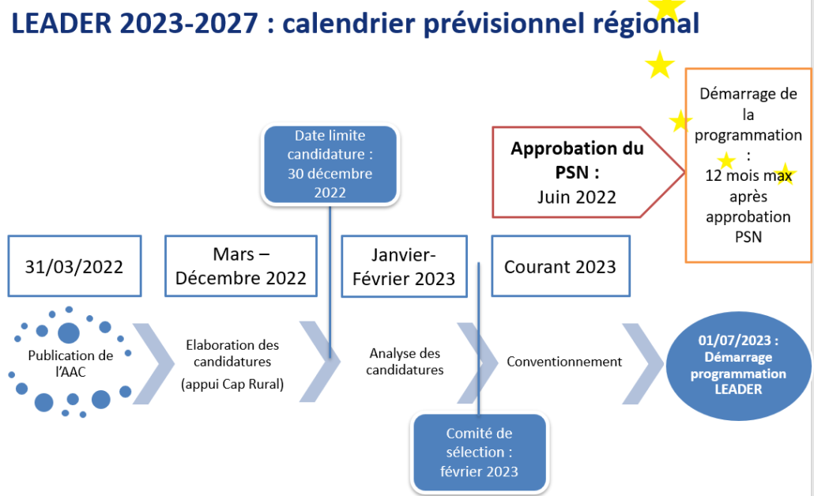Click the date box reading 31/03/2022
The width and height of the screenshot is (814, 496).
75,266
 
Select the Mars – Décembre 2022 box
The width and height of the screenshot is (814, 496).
241,266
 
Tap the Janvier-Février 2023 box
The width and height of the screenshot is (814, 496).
404,267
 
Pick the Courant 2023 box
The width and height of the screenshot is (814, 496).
560,266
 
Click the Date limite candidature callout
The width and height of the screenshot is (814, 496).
330,164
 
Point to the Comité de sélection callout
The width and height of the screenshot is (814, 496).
479,453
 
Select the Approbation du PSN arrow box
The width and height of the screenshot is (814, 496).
588,172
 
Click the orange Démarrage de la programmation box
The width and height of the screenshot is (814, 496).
748,165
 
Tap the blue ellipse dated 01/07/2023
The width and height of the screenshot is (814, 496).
738,365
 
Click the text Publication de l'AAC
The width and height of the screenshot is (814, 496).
70,363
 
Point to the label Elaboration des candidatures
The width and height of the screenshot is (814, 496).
232,353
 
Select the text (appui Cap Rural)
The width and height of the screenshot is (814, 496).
232,384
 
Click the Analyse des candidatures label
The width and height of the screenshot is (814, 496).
405,361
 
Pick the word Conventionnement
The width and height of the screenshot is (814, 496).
564,362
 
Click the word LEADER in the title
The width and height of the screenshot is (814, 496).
62,24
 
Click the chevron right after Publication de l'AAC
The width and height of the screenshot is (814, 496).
153,363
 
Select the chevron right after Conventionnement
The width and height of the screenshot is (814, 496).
643,363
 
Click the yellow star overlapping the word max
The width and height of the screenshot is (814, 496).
784,175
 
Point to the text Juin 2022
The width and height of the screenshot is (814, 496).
577,197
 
